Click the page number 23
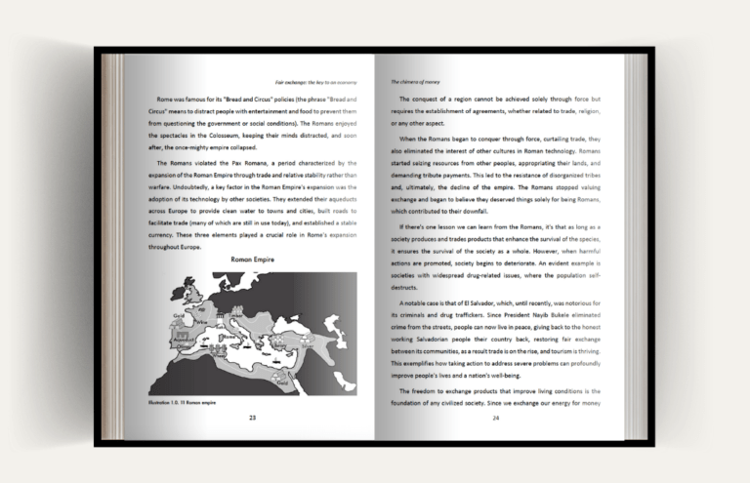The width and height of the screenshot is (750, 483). (x=252, y=417)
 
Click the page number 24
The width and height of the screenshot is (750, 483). (x=495, y=417)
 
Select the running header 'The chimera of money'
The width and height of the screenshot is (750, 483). (x=415, y=82)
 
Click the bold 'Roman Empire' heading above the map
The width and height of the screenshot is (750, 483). (x=251, y=261)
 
